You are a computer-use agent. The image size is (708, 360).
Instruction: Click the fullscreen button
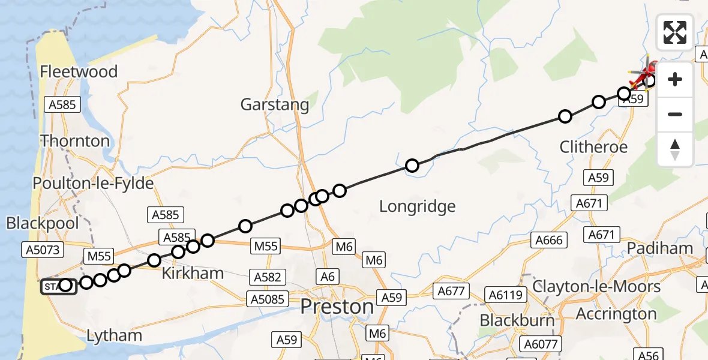(x=675, y=32)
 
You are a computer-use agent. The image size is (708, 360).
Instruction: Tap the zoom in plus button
(x=675, y=79)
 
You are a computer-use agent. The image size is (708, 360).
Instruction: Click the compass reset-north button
(x=675, y=149)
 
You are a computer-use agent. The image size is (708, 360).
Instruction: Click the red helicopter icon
(x=643, y=75)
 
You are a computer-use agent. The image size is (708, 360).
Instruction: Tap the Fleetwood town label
(x=79, y=72)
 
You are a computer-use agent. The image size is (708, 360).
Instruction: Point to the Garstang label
(x=275, y=105)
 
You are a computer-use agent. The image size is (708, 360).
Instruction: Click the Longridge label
(x=418, y=207)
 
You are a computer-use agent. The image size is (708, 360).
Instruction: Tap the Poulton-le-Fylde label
(x=94, y=183)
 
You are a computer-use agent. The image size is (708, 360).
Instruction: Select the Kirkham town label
(x=192, y=274)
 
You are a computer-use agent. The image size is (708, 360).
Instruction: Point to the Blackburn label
(x=517, y=320)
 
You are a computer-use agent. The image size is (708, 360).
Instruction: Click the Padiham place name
(x=660, y=248)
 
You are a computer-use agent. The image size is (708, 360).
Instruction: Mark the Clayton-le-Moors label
(x=596, y=286)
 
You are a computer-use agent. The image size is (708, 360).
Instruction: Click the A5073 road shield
(x=43, y=249)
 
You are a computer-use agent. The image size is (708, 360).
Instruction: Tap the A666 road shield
(x=549, y=240)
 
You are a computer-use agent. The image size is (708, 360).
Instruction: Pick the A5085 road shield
(x=268, y=298)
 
